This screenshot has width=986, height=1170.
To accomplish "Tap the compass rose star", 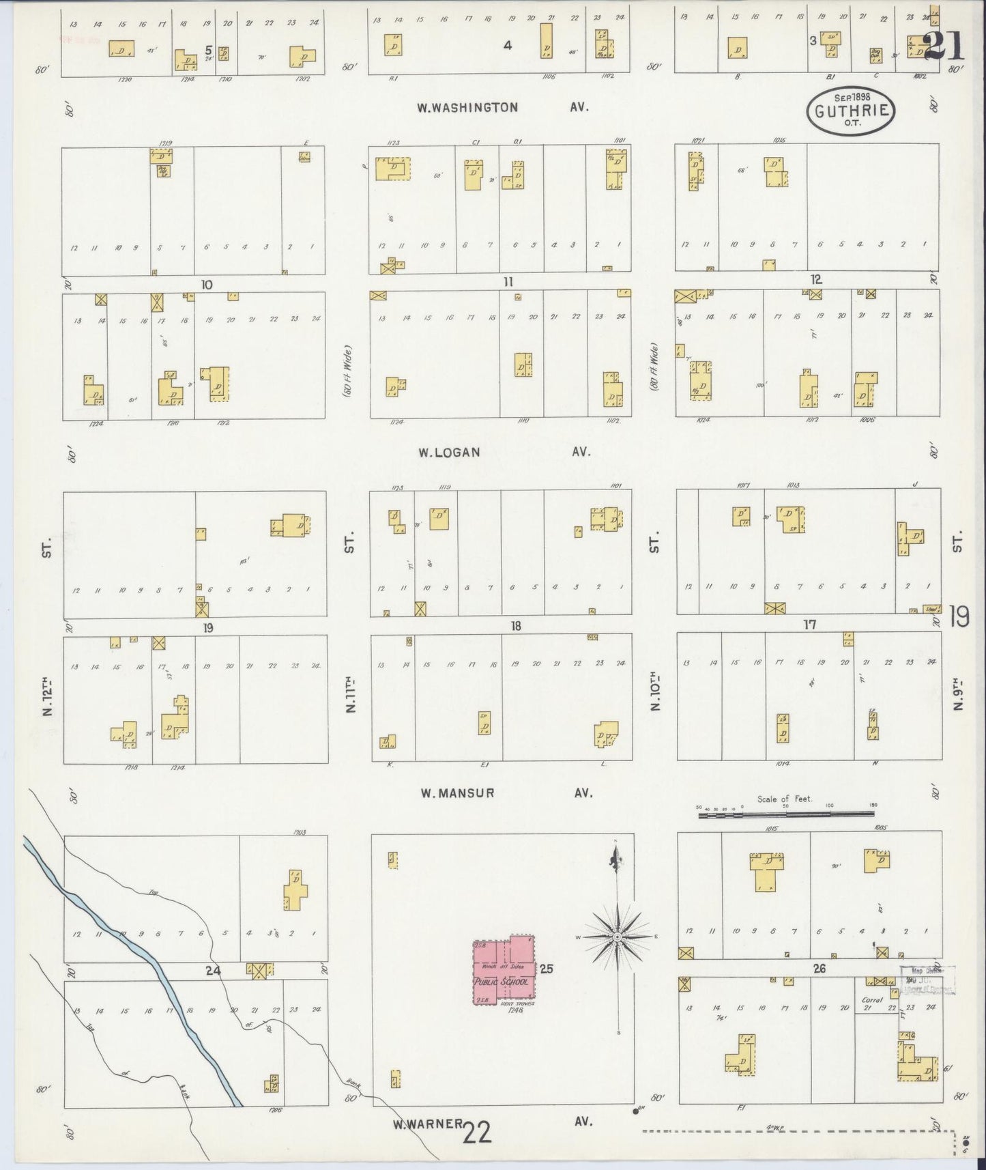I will click(617, 937).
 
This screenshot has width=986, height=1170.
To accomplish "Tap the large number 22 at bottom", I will click(477, 1133).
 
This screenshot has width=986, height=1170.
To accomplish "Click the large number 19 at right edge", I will click(959, 618).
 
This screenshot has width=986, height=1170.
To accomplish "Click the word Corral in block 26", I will click(873, 1000).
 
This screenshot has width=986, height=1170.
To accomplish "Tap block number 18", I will click(516, 626).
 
